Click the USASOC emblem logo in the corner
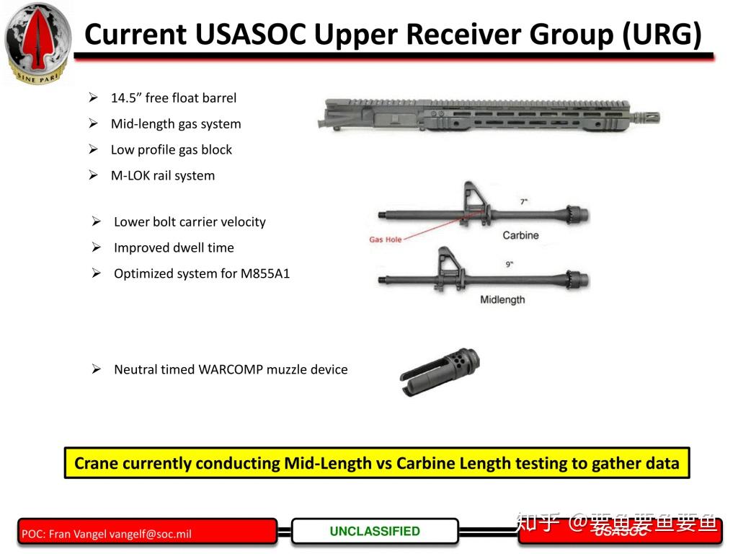pyautogui.click(x=38, y=42)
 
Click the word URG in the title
pyautogui.click(x=661, y=35)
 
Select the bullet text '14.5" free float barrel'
pyautogui.click(x=173, y=98)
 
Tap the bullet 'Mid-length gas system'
pyautogui.click(x=176, y=124)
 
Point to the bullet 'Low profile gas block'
pyautogui.click(x=171, y=150)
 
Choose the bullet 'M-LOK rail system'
pyautogui.click(x=162, y=176)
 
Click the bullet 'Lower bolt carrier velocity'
pyautogui.click(x=190, y=222)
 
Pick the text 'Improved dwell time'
pyautogui.click(x=174, y=248)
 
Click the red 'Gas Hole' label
pyautogui.click(x=385, y=239)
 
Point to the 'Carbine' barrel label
pyautogui.click(x=520, y=236)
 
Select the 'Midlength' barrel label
pyautogui.click(x=502, y=299)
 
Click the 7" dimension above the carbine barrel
pyautogui.click(x=523, y=202)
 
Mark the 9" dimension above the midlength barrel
pyautogui.click(x=509, y=265)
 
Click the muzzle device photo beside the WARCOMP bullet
pyautogui.click(x=440, y=371)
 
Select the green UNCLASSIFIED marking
pyautogui.click(x=375, y=532)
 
